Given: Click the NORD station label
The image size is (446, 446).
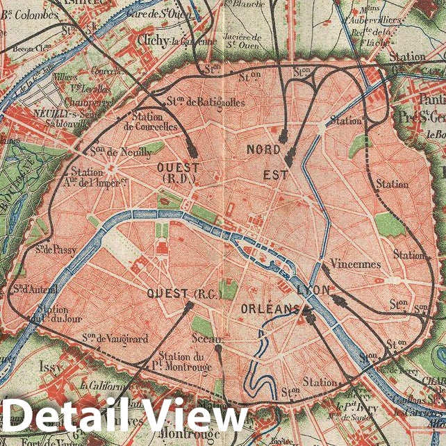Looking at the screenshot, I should tap(264, 150).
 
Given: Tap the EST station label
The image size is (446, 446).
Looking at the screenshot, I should tap(271, 175).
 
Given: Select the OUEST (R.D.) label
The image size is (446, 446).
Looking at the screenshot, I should tap(178, 173).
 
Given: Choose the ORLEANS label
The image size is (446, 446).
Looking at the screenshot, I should tap(270, 308).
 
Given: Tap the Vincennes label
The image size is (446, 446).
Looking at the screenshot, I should tap(356, 265).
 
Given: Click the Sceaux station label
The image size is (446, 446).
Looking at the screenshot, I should tap(208, 338).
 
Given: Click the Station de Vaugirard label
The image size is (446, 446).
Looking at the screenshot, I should tap(115, 338).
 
